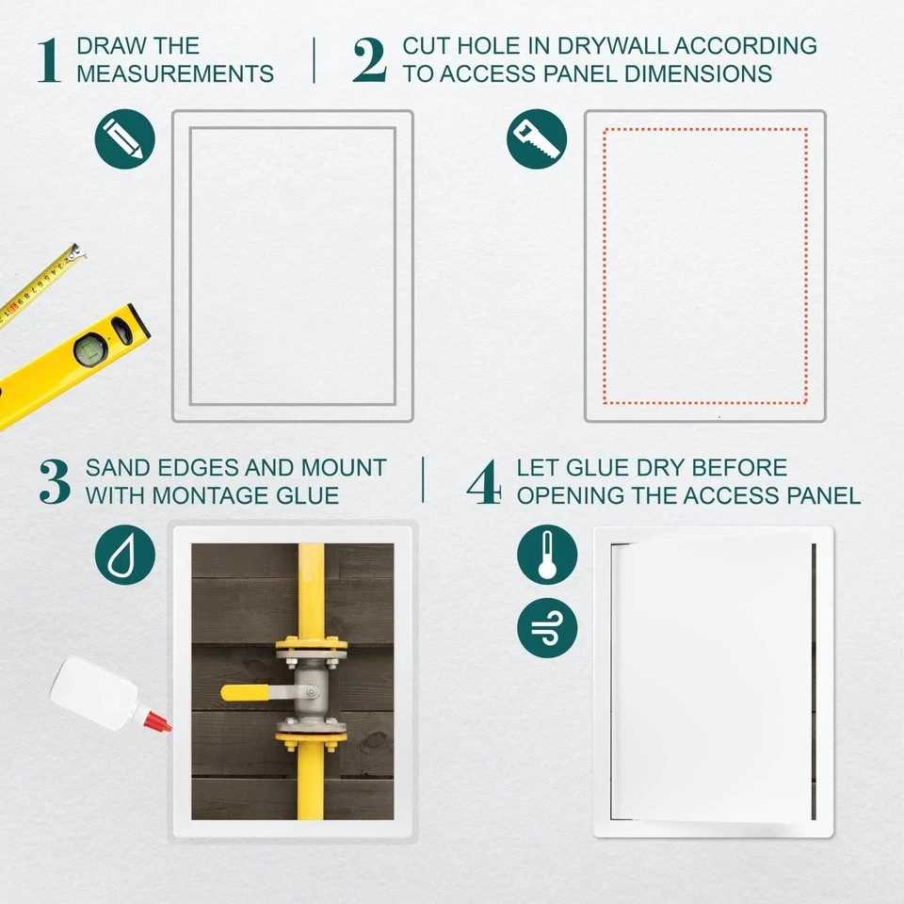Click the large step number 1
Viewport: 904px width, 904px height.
point(49,60)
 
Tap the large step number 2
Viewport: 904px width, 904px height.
point(369,60)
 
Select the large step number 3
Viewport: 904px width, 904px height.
point(55,481)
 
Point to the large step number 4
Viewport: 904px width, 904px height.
point(484,481)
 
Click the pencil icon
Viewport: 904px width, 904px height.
point(124,138)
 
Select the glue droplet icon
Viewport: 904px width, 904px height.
point(124,555)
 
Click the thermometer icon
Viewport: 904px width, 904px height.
point(547,555)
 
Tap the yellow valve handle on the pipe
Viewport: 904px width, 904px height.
point(247,692)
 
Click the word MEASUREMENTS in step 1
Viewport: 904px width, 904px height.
point(174,73)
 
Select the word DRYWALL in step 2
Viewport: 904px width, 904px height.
point(615,45)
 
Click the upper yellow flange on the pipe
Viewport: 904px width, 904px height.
point(311,649)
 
